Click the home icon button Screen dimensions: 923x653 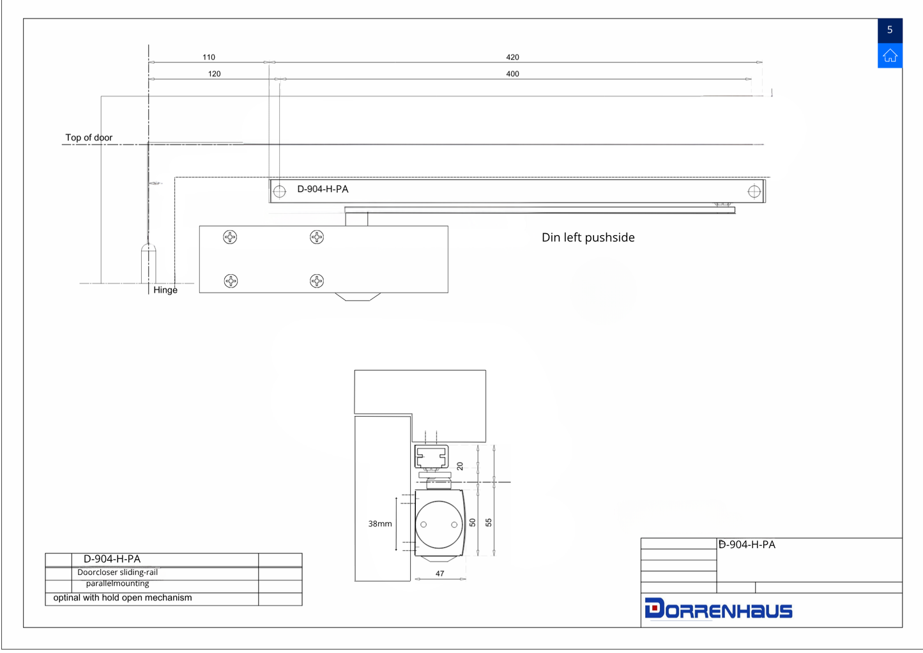coord(890,55)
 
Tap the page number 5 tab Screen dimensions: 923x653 coord(890,30)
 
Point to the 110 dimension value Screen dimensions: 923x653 coord(209,58)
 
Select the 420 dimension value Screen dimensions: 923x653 coord(512,58)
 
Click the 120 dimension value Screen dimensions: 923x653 coord(214,73)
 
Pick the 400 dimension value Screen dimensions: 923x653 coord(512,73)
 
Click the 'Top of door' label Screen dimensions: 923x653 coord(89,137)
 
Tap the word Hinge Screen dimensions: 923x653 coord(165,290)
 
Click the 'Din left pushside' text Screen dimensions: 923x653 coord(588,238)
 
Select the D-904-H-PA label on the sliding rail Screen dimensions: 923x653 coord(323,189)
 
